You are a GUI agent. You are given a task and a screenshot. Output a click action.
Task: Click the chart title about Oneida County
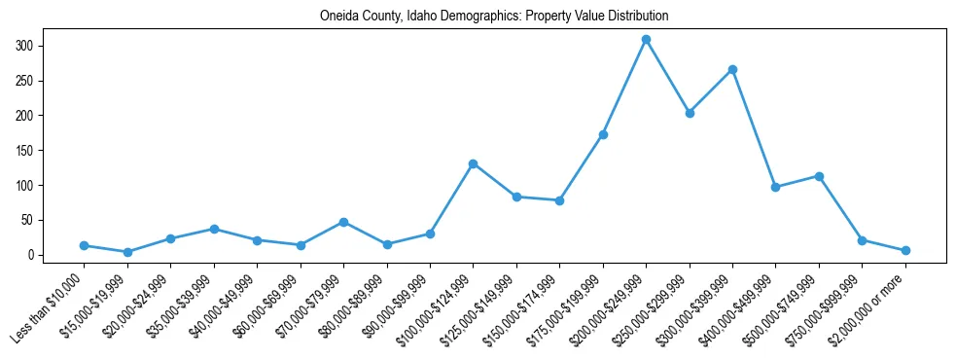[x=494, y=17]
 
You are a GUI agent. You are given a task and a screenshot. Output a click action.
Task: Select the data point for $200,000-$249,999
[x=646, y=39]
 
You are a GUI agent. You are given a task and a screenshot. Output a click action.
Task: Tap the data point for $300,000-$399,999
[x=732, y=69]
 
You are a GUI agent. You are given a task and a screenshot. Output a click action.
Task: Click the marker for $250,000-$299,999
[x=690, y=113]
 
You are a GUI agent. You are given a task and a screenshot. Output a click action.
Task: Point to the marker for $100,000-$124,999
[x=473, y=163]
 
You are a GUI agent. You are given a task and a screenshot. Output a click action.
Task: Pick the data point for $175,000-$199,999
[x=603, y=134]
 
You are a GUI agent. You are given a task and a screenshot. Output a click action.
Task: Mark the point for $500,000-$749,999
[x=819, y=176]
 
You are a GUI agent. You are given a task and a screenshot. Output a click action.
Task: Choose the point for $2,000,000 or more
[x=905, y=250]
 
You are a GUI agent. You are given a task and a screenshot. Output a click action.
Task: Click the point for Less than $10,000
[x=85, y=245]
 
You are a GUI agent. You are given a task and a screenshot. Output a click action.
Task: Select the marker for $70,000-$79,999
[x=343, y=222]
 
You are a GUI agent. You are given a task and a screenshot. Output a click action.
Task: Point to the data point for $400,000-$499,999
[x=775, y=187]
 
